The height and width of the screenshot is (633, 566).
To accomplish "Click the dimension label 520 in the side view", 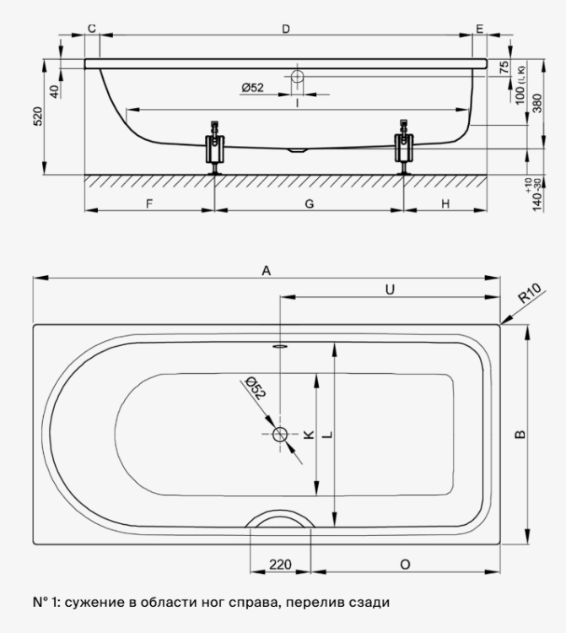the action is (x=37, y=116).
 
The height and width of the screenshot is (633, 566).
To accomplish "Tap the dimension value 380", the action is (x=537, y=103).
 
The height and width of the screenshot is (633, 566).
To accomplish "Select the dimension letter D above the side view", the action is (x=286, y=29).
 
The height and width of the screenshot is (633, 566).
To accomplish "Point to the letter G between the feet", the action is (x=309, y=204).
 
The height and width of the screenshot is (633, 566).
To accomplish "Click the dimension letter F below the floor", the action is (x=148, y=204).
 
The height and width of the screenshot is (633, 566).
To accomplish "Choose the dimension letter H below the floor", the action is (x=445, y=204).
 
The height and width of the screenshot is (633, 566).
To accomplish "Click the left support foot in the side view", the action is (x=214, y=148).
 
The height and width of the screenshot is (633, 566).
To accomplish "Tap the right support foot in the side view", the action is (x=403, y=147).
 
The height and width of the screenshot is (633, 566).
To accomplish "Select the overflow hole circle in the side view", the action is (x=297, y=76).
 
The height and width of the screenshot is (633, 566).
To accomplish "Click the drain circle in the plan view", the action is (x=280, y=435).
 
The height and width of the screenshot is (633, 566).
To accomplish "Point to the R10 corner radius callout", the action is (x=529, y=294).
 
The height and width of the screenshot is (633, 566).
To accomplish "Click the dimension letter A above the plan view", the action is (x=266, y=270).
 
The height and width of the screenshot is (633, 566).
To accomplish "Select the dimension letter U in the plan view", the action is (x=390, y=289).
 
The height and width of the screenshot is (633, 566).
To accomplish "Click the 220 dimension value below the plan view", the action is (x=280, y=564).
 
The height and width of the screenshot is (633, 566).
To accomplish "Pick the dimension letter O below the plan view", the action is (x=405, y=565).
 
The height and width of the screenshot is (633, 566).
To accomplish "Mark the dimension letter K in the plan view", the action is (x=309, y=435).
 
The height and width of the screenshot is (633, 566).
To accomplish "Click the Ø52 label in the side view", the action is (x=252, y=87).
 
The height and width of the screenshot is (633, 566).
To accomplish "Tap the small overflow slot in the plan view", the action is (x=280, y=346).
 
